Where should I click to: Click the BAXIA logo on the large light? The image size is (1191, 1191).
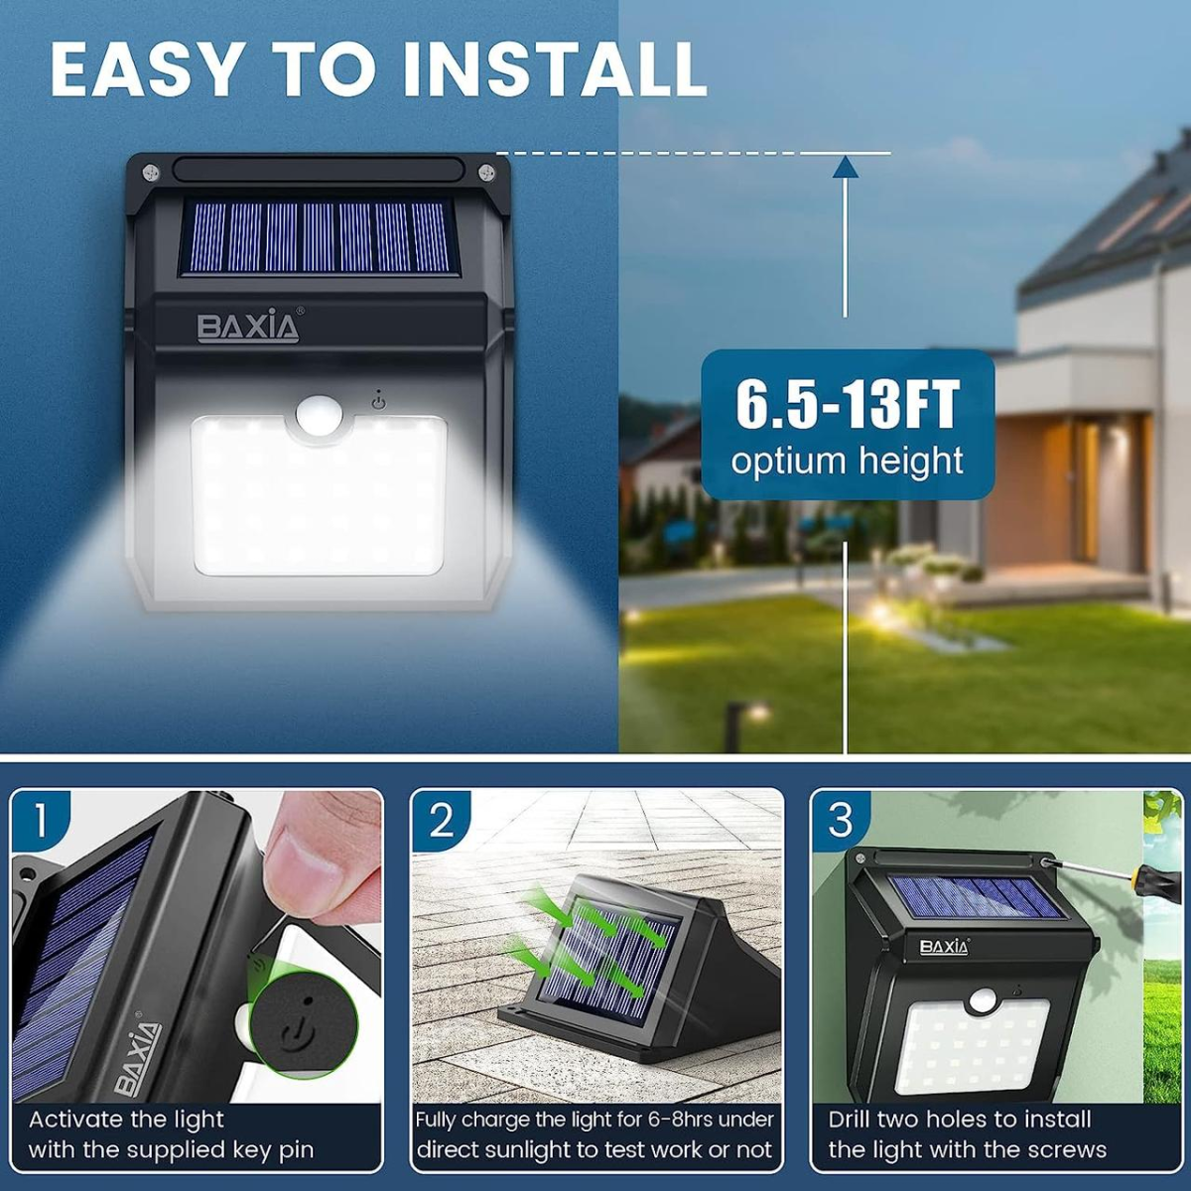(x=248, y=326)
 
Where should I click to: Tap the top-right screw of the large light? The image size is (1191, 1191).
(x=485, y=171)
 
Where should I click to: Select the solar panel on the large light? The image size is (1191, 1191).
(x=316, y=237)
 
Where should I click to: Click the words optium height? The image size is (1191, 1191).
(x=847, y=462)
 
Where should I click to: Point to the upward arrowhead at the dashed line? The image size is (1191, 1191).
(x=845, y=167)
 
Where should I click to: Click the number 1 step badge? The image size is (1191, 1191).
(x=39, y=823)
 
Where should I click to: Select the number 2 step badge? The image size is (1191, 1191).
(x=441, y=823)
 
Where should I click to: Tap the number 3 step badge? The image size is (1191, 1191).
(x=841, y=822)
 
